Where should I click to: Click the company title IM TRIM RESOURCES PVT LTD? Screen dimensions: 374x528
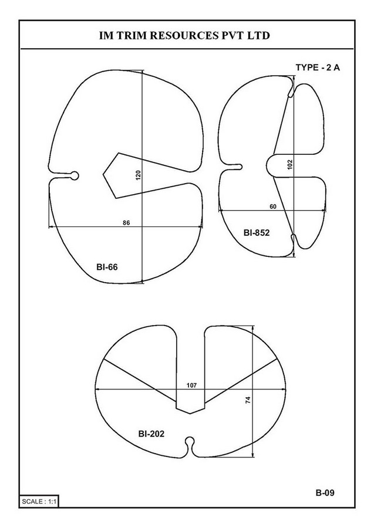click(184, 35)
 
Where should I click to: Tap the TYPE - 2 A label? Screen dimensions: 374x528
click(318, 67)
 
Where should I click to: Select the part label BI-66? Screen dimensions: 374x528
click(107, 267)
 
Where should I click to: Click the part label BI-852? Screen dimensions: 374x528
click(257, 233)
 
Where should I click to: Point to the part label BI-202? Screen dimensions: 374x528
click(151, 434)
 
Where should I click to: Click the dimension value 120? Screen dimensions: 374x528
click(138, 175)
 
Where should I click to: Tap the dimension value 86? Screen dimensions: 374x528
click(126, 223)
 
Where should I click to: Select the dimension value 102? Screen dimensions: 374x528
click(290, 164)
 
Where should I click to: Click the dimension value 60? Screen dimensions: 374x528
click(273, 207)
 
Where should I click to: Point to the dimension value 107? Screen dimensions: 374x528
click(192, 385)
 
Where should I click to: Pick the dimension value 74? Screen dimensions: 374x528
click(248, 400)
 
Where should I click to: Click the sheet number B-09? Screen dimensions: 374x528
click(325, 493)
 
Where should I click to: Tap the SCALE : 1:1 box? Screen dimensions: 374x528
click(39, 502)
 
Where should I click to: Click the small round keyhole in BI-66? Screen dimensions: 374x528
click(75, 175)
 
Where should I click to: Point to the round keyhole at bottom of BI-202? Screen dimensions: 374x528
click(190, 441)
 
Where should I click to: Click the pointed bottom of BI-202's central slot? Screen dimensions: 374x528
click(190, 414)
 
